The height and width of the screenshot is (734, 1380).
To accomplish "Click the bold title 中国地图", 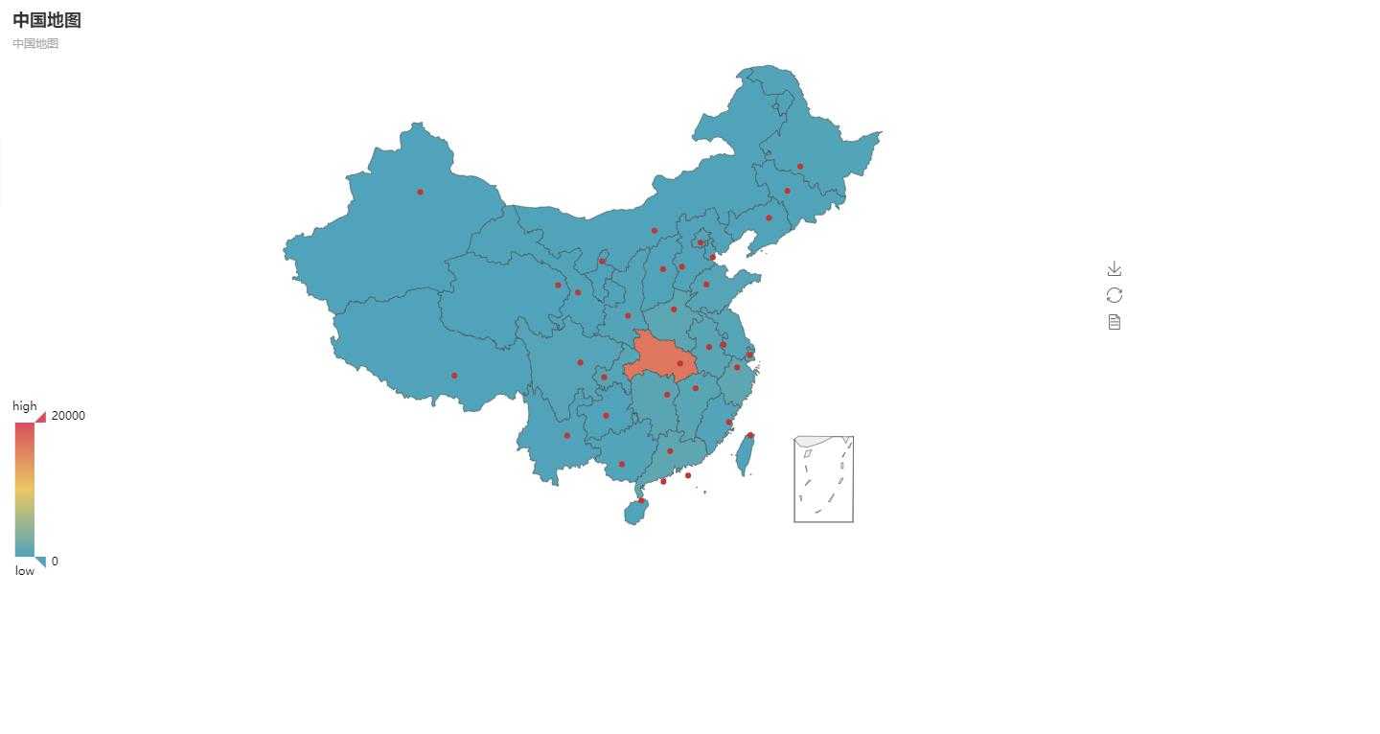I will point(47,20).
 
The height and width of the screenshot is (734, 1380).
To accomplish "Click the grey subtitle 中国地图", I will point(35,43).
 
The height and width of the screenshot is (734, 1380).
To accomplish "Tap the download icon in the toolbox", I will point(1114,269).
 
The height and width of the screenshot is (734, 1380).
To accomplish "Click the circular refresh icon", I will point(1114,295).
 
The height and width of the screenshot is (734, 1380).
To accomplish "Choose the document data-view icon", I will point(1114,322).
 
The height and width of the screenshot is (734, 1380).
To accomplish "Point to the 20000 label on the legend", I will point(68,415).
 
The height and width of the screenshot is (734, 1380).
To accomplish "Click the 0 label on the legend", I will point(55,562).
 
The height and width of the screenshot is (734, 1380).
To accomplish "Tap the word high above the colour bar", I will point(25,406).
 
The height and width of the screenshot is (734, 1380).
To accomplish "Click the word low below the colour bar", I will point(25,571).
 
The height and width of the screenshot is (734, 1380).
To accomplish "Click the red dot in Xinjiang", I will point(420,192).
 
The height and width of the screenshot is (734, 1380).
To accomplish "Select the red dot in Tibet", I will point(454,376).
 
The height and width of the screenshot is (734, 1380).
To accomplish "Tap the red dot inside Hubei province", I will point(680,363).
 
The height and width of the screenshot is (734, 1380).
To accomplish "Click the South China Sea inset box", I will point(823,479).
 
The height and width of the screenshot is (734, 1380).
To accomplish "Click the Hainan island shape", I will point(634,514).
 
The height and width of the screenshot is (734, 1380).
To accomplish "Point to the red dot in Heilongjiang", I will point(800,167).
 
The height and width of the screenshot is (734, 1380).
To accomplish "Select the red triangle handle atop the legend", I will point(41,417).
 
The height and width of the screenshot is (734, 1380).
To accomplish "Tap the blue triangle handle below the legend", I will point(41,562).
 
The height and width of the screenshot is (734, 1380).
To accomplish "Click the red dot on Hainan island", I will point(641,500).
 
